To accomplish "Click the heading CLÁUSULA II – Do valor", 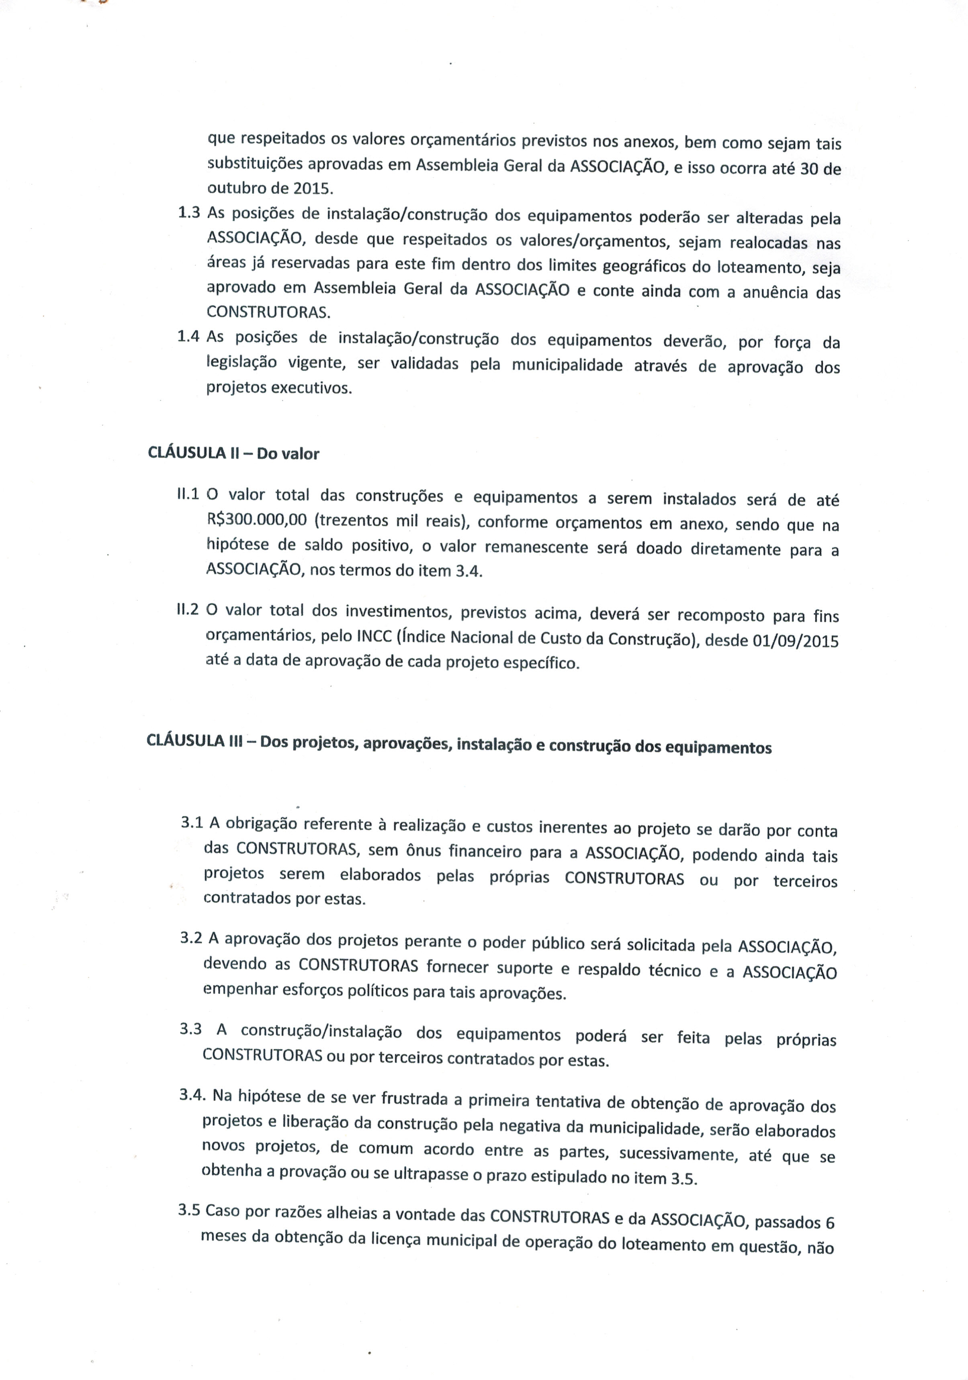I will pyautogui.click(x=233, y=453).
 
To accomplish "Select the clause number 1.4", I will pyautogui.click(x=188, y=336).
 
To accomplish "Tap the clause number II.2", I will pyautogui.click(x=188, y=609).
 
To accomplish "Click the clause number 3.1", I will pyautogui.click(x=192, y=822).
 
